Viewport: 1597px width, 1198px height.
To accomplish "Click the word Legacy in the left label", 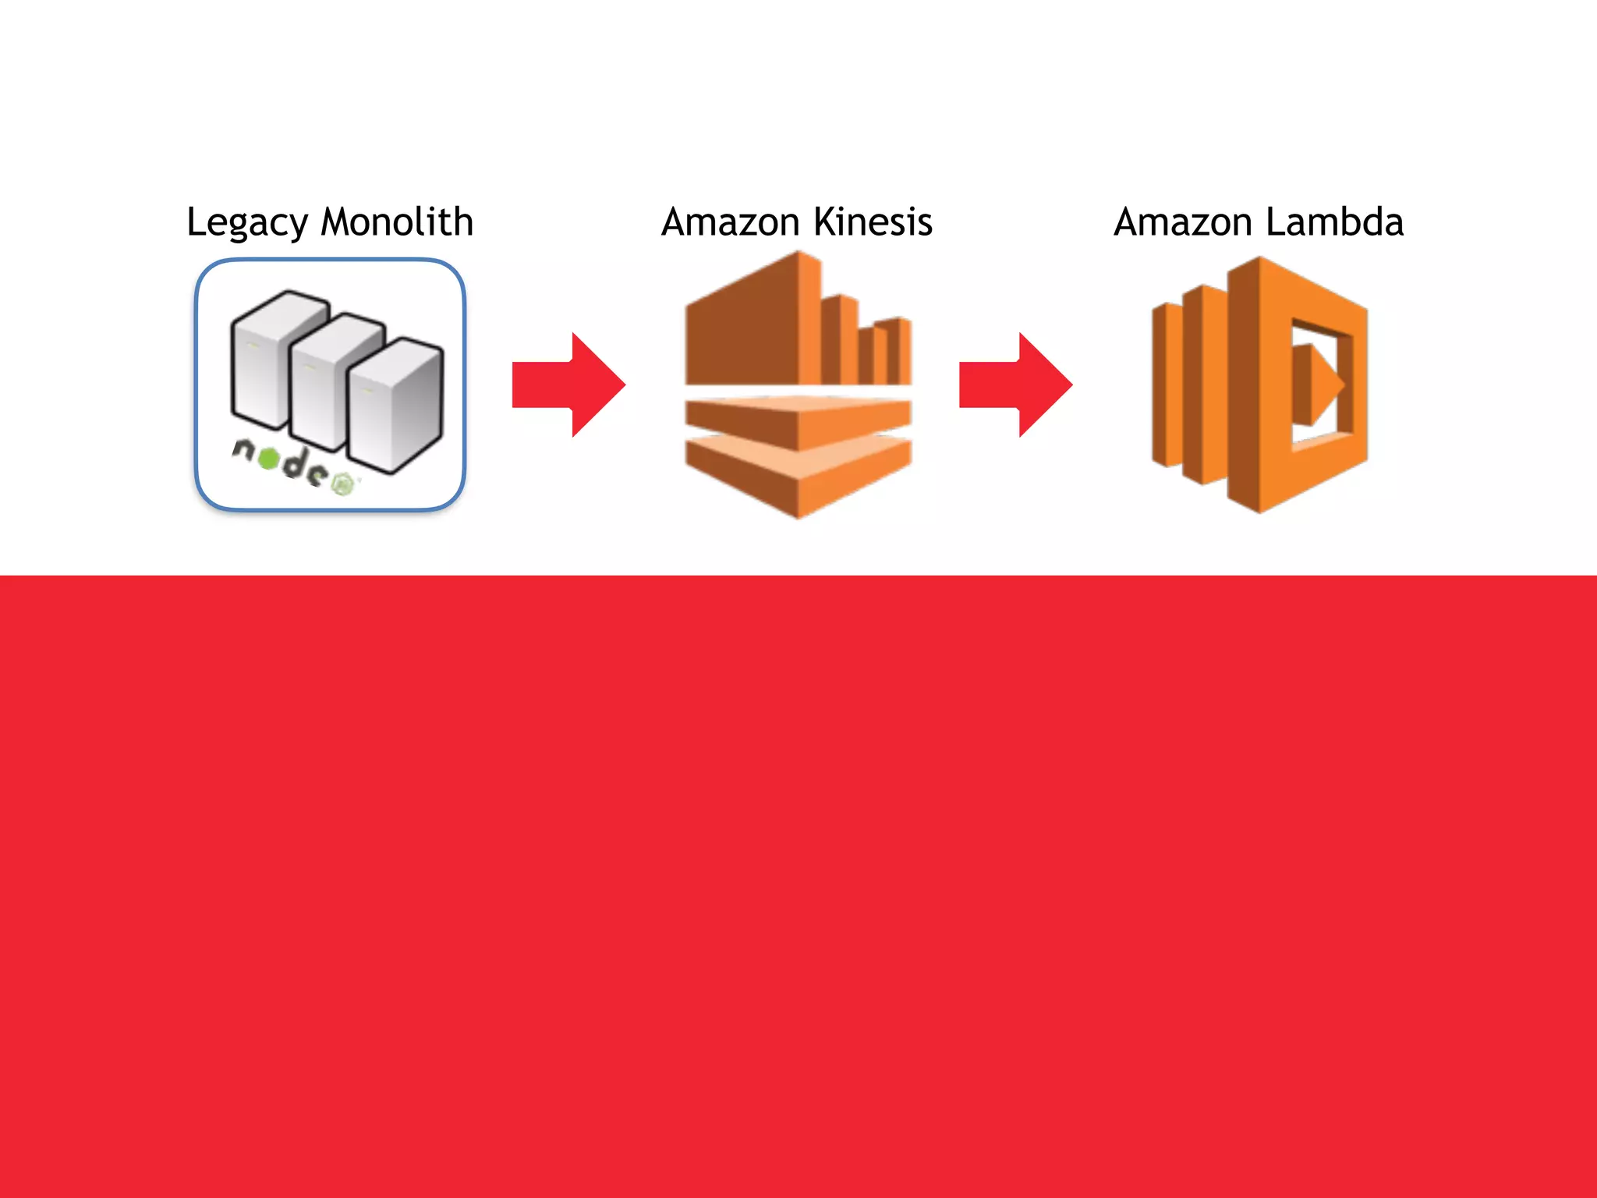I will click(247, 223).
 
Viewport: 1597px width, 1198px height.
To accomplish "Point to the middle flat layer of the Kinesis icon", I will click(798, 420).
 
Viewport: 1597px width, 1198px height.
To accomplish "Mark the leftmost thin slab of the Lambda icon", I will click(1167, 385).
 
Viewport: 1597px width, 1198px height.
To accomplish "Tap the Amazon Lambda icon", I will click(1260, 385).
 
